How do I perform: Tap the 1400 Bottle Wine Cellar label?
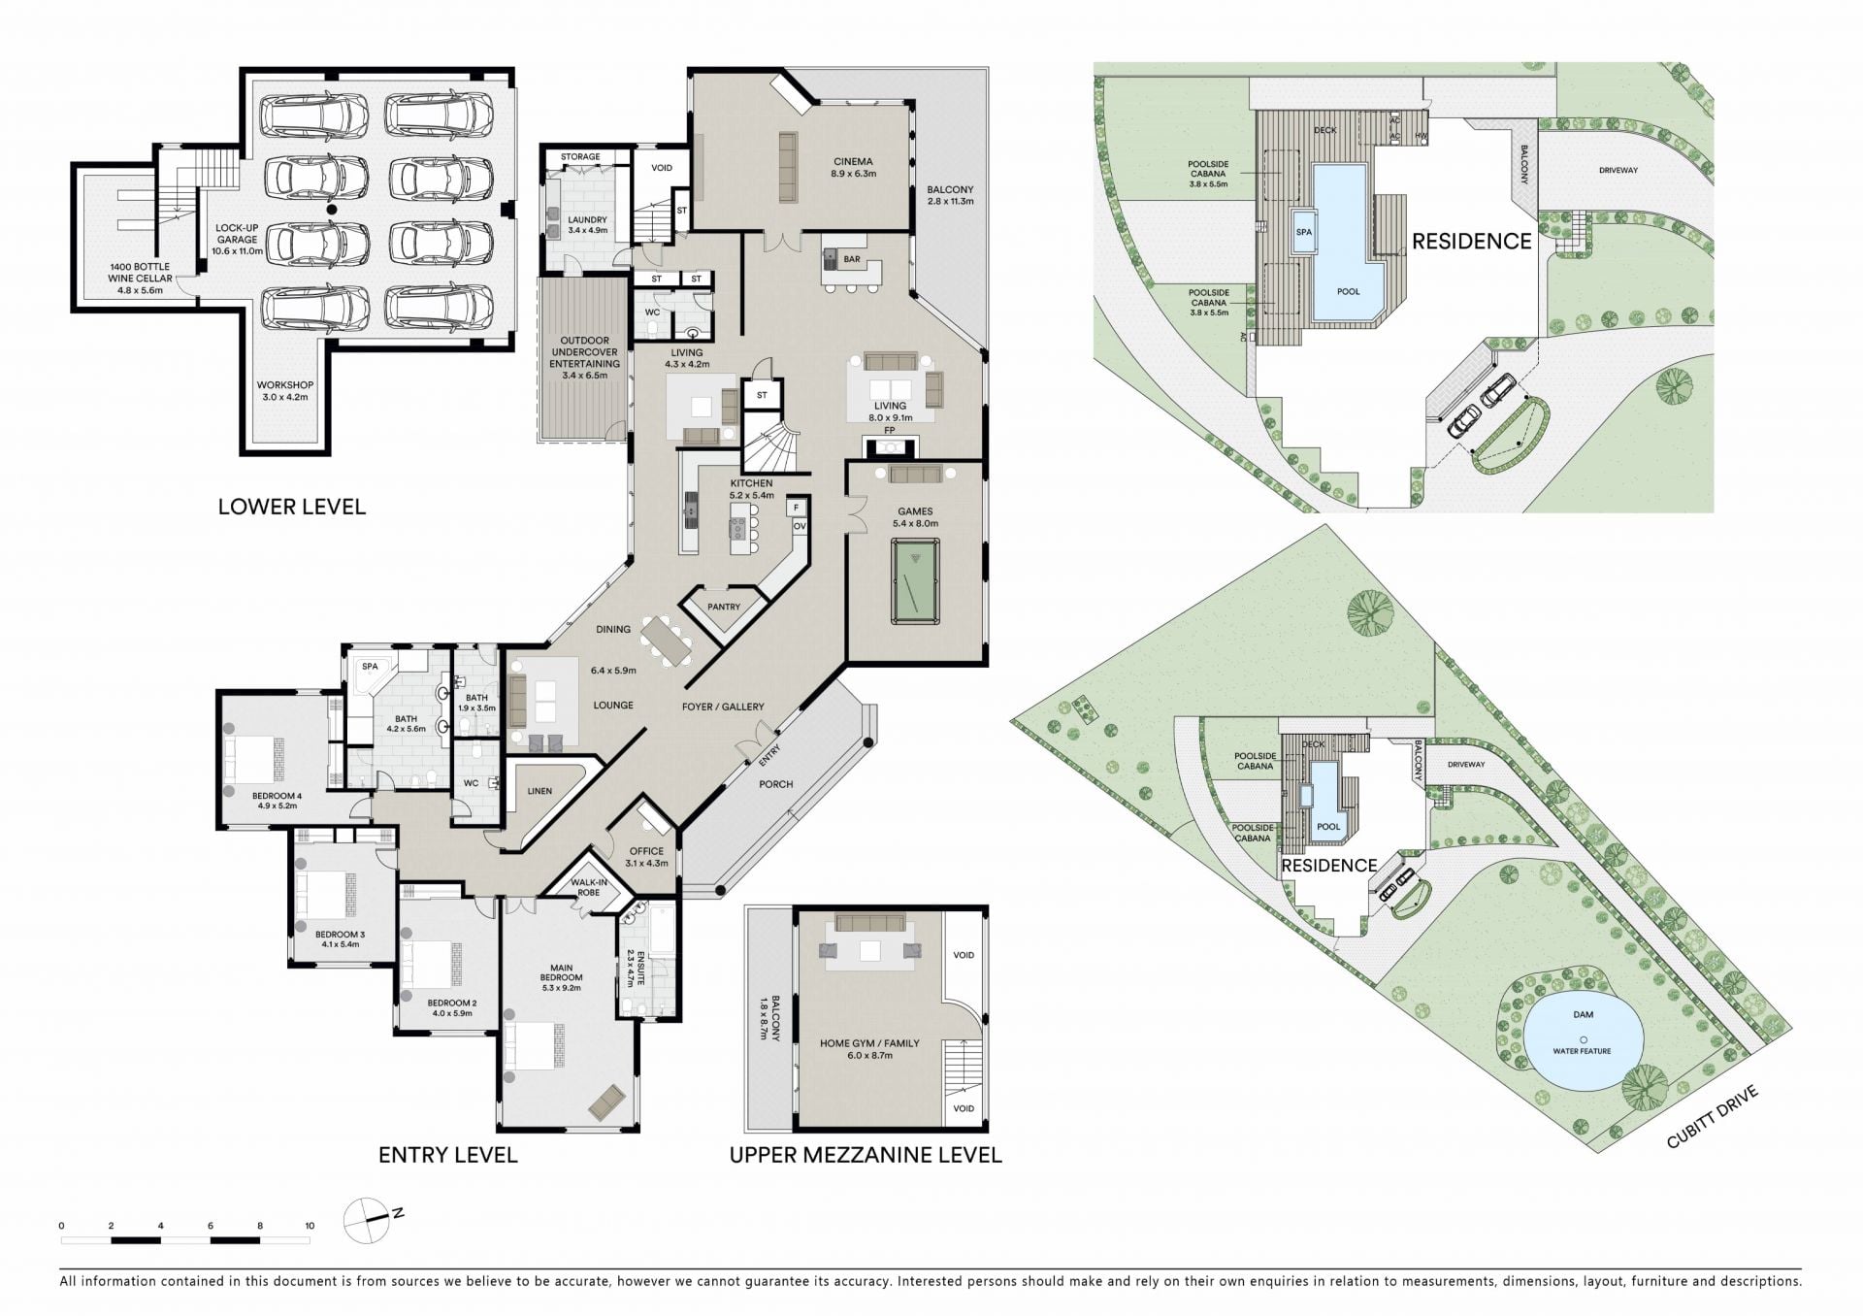coord(140,278)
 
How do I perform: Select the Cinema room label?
coord(853,168)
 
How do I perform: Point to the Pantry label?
coord(724,607)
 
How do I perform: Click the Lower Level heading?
coord(292,507)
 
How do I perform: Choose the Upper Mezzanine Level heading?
coord(866,1155)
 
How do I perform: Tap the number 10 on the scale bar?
coord(310,1226)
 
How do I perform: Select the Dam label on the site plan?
coord(1584,1015)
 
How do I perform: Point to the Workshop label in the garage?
coord(285,391)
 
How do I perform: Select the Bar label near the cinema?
coord(852,259)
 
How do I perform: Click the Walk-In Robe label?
coord(589,887)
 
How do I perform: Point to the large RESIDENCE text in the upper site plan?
coord(1471,242)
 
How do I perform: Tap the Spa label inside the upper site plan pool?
coord(1304,233)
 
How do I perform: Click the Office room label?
coord(647,857)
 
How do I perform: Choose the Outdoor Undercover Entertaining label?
coord(584,358)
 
